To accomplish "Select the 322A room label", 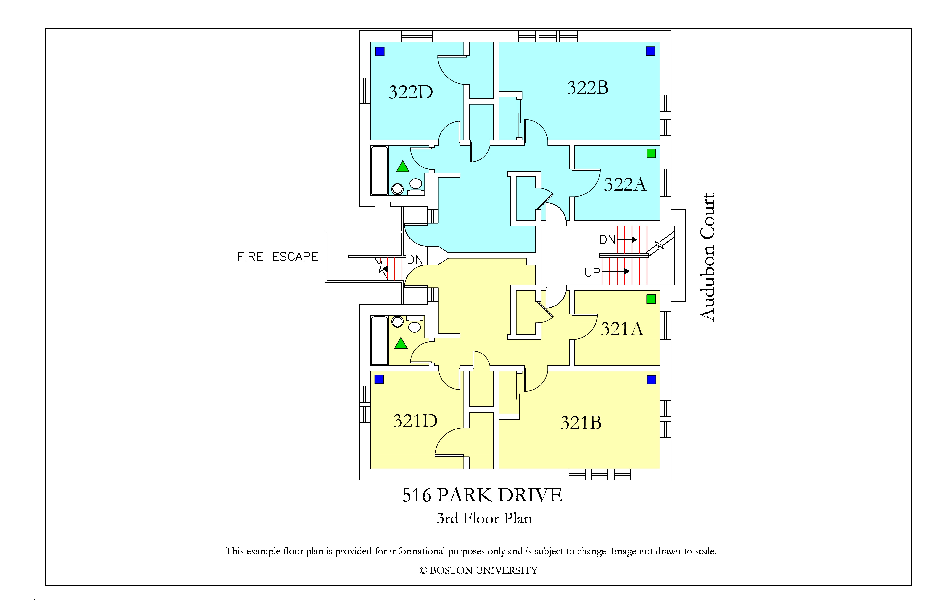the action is [625, 184].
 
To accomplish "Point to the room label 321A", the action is [622, 329].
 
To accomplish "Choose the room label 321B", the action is [581, 423].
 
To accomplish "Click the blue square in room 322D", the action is [380, 51].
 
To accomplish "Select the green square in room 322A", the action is [651, 153].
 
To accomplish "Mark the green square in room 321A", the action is [651, 299].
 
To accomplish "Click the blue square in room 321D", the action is [379, 379].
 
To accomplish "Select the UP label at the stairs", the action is [592, 273].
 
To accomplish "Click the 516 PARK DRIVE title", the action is [482, 495].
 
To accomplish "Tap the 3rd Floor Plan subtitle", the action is [484, 518].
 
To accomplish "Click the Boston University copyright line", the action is [478, 570].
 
